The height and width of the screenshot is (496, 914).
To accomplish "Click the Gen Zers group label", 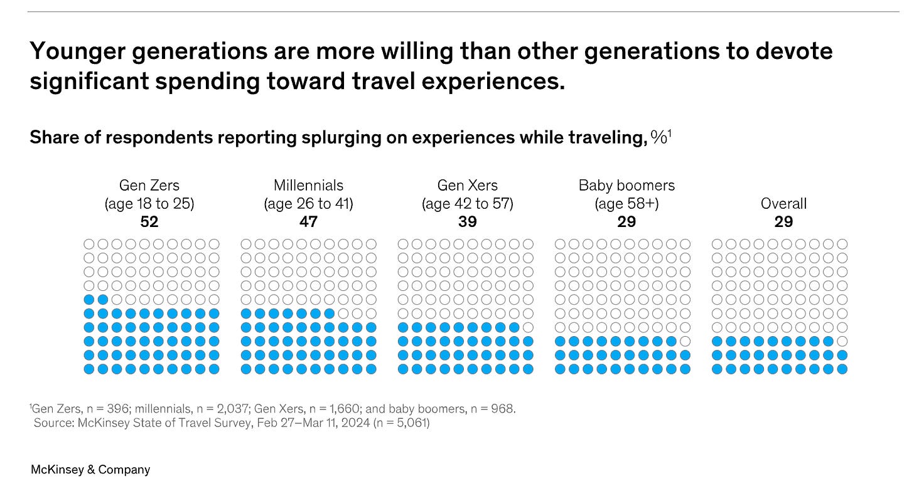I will click(149, 186).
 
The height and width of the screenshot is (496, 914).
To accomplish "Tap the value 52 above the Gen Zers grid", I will click(149, 221).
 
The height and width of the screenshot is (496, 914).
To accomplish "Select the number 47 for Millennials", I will click(308, 221).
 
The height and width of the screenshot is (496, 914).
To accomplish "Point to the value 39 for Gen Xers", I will click(468, 221).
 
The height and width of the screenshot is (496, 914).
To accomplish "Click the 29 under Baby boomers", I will click(626, 221).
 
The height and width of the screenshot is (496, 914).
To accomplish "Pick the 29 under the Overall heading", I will click(783, 221).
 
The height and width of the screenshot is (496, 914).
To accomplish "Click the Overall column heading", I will click(783, 204).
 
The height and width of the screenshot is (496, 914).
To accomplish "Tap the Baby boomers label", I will click(626, 186).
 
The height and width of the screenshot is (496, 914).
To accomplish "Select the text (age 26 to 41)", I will click(308, 204).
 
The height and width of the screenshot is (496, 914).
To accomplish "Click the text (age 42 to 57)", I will click(468, 204).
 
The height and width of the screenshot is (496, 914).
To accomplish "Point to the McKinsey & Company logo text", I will click(90, 469).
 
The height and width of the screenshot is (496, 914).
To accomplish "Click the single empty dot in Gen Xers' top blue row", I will click(528, 327).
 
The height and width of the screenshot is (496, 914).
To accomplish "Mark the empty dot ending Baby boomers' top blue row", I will click(685, 341).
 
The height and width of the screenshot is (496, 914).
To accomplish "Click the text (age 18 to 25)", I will click(149, 204).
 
